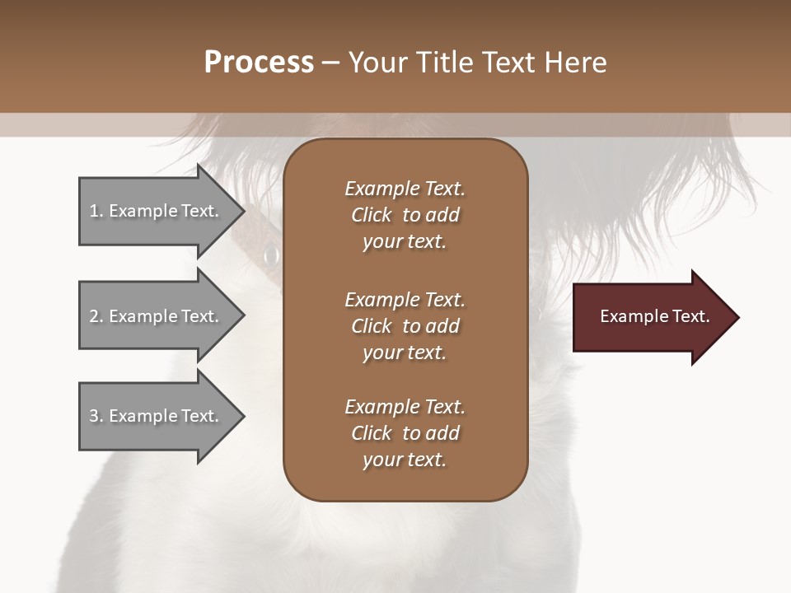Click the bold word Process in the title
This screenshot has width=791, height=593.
(x=259, y=63)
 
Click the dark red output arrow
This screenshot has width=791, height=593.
(x=651, y=317)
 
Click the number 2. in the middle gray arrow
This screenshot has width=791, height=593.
(x=96, y=316)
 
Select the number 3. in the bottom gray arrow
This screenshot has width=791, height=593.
(x=96, y=416)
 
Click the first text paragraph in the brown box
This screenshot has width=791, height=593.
(x=405, y=215)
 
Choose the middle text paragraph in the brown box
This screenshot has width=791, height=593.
(x=405, y=326)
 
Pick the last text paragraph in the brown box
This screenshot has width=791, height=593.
(x=405, y=433)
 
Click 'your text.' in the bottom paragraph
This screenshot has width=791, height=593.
(x=405, y=460)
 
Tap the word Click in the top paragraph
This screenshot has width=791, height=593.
(x=372, y=215)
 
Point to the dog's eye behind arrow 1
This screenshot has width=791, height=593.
(x=270, y=255)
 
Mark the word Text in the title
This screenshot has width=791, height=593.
(x=509, y=63)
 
